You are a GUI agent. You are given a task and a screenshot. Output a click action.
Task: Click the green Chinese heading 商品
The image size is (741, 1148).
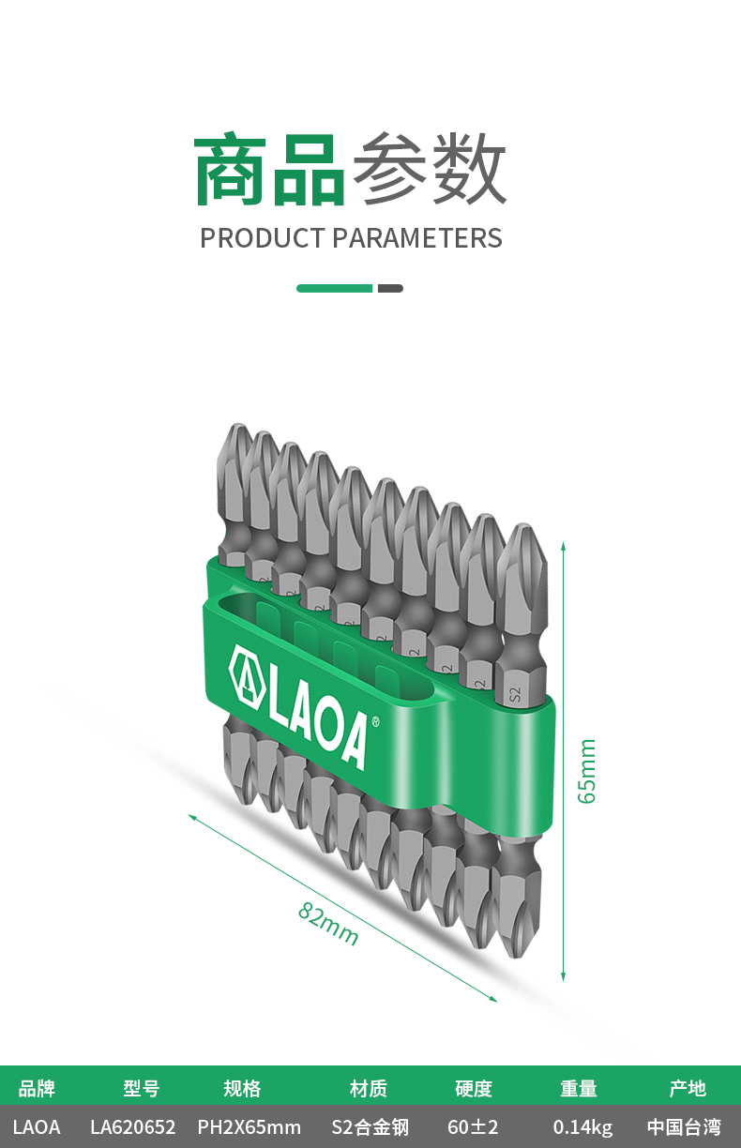269,169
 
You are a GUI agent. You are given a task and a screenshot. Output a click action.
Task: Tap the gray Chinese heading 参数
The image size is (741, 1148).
430,168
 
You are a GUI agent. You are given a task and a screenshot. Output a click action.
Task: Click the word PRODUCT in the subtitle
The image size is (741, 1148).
263,238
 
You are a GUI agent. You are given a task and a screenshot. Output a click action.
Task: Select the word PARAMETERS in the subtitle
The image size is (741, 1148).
417,238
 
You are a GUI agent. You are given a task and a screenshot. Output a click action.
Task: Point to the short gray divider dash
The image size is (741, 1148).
390,289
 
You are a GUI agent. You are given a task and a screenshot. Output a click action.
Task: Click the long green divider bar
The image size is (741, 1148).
334,289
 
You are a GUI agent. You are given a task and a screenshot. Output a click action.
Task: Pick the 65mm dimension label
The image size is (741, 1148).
587,771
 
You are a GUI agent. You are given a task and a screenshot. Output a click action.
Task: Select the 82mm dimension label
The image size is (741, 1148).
328,923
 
